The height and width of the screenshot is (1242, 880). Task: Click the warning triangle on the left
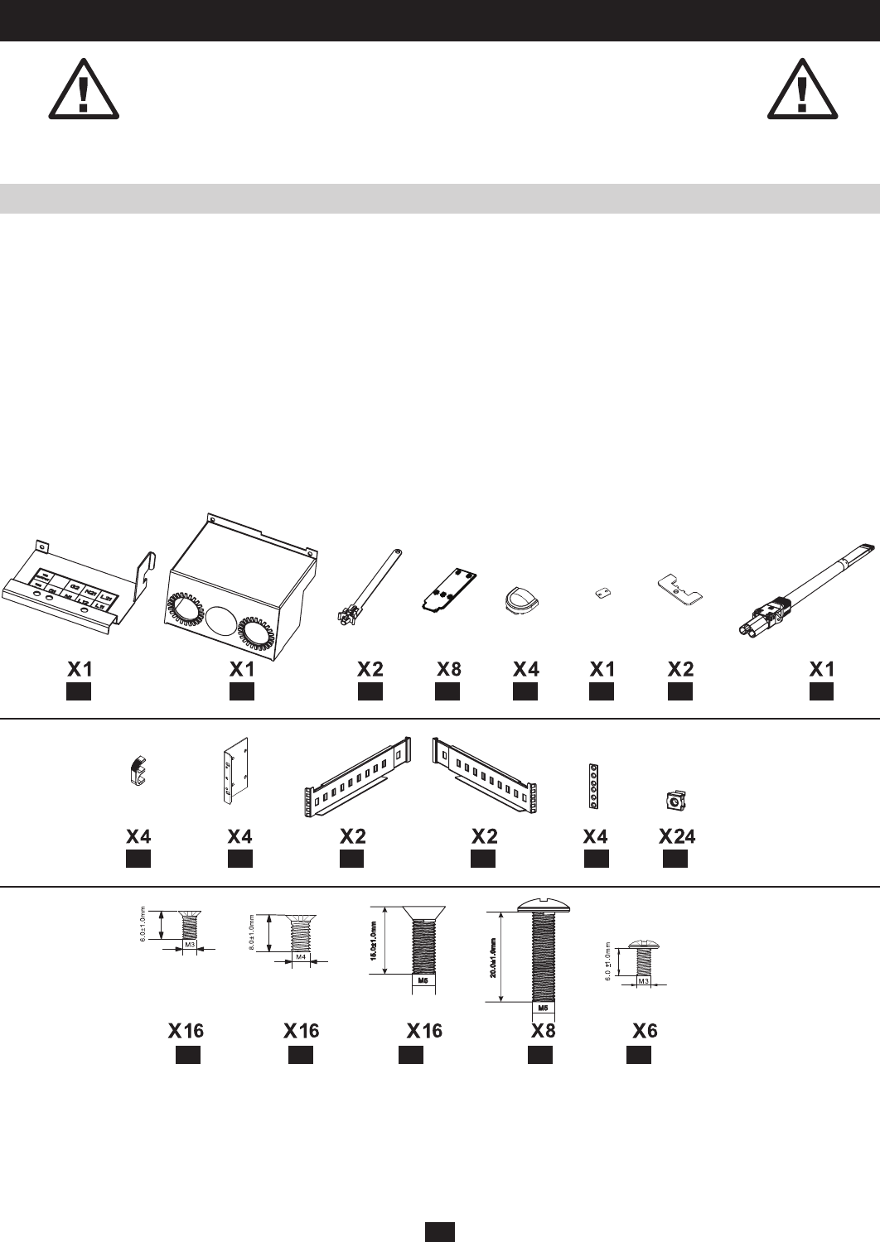click(82, 89)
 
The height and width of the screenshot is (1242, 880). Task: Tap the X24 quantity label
click(677, 836)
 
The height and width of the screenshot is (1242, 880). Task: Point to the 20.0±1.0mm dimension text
click(494, 957)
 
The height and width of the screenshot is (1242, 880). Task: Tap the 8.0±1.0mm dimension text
click(251, 933)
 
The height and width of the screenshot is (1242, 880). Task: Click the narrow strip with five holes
click(593, 785)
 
